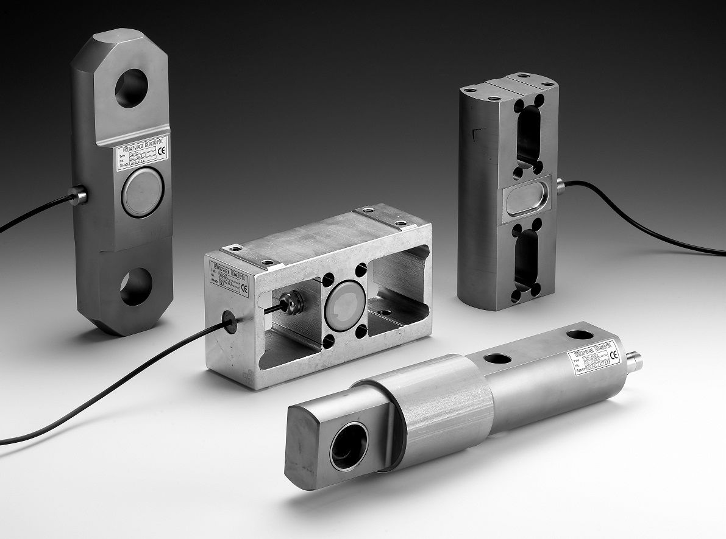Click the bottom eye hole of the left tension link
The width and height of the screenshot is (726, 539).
point(136,286)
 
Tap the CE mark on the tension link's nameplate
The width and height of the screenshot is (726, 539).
point(160,153)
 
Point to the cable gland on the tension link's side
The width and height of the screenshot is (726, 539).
point(77,196)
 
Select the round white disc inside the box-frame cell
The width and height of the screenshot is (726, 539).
point(344,301)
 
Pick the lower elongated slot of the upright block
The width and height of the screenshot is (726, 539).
point(527,260)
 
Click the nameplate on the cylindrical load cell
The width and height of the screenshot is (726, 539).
point(594,359)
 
